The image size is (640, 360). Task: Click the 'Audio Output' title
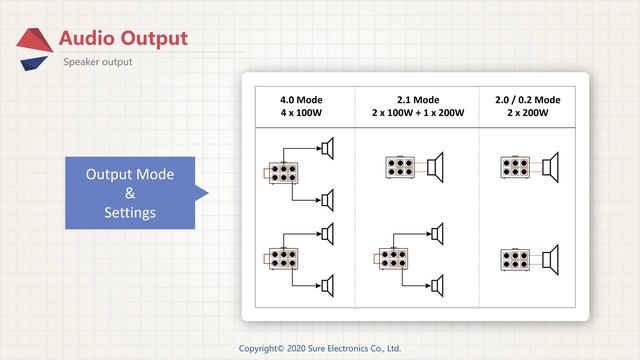pyautogui.click(x=123, y=39)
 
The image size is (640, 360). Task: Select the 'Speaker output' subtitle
pyautogui.click(x=98, y=62)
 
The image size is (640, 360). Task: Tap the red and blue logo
pyautogui.click(x=34, y=49)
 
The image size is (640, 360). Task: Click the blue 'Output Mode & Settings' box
pyautogui.click(x=130, y=193)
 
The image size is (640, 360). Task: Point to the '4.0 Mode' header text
pyautogui.click(x=301, y=100)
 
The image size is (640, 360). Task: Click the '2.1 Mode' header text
pyautogui.click(x=418, y=100)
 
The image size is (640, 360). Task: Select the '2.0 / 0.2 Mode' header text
pyautogui.click(x=528, y=100)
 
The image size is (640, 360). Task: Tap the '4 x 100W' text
pyautogui.click(x=301, y=113)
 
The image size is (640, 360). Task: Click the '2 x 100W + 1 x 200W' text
pyautogui.click(x=418, y=113)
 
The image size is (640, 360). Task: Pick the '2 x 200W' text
pyautogui.click(x=528, y=113)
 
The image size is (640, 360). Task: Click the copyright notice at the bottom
pyautogui.click(x=320, y=349)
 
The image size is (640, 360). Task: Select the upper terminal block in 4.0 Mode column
pyautogui.click(x=283, y=173)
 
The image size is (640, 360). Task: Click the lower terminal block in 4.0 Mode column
pyautogui.click(x=283, y=259)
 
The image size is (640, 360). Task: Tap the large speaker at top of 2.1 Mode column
pyautogui.click(x=435, y=167)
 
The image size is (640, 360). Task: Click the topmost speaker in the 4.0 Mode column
pyautogui.click(x=328, y=148)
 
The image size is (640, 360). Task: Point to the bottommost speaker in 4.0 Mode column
pyautogui.click(x=328, y=286)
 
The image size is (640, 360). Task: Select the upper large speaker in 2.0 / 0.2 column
pyautogui.click(x=550, y=167)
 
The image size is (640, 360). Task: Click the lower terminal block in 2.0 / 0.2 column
pyautogui.click(x=515, y=260)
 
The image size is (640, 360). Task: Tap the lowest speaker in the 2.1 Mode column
pyautogui.click(x=438, y=286)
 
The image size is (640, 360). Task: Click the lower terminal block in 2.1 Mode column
pyautogui.click(x=393, y=259)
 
